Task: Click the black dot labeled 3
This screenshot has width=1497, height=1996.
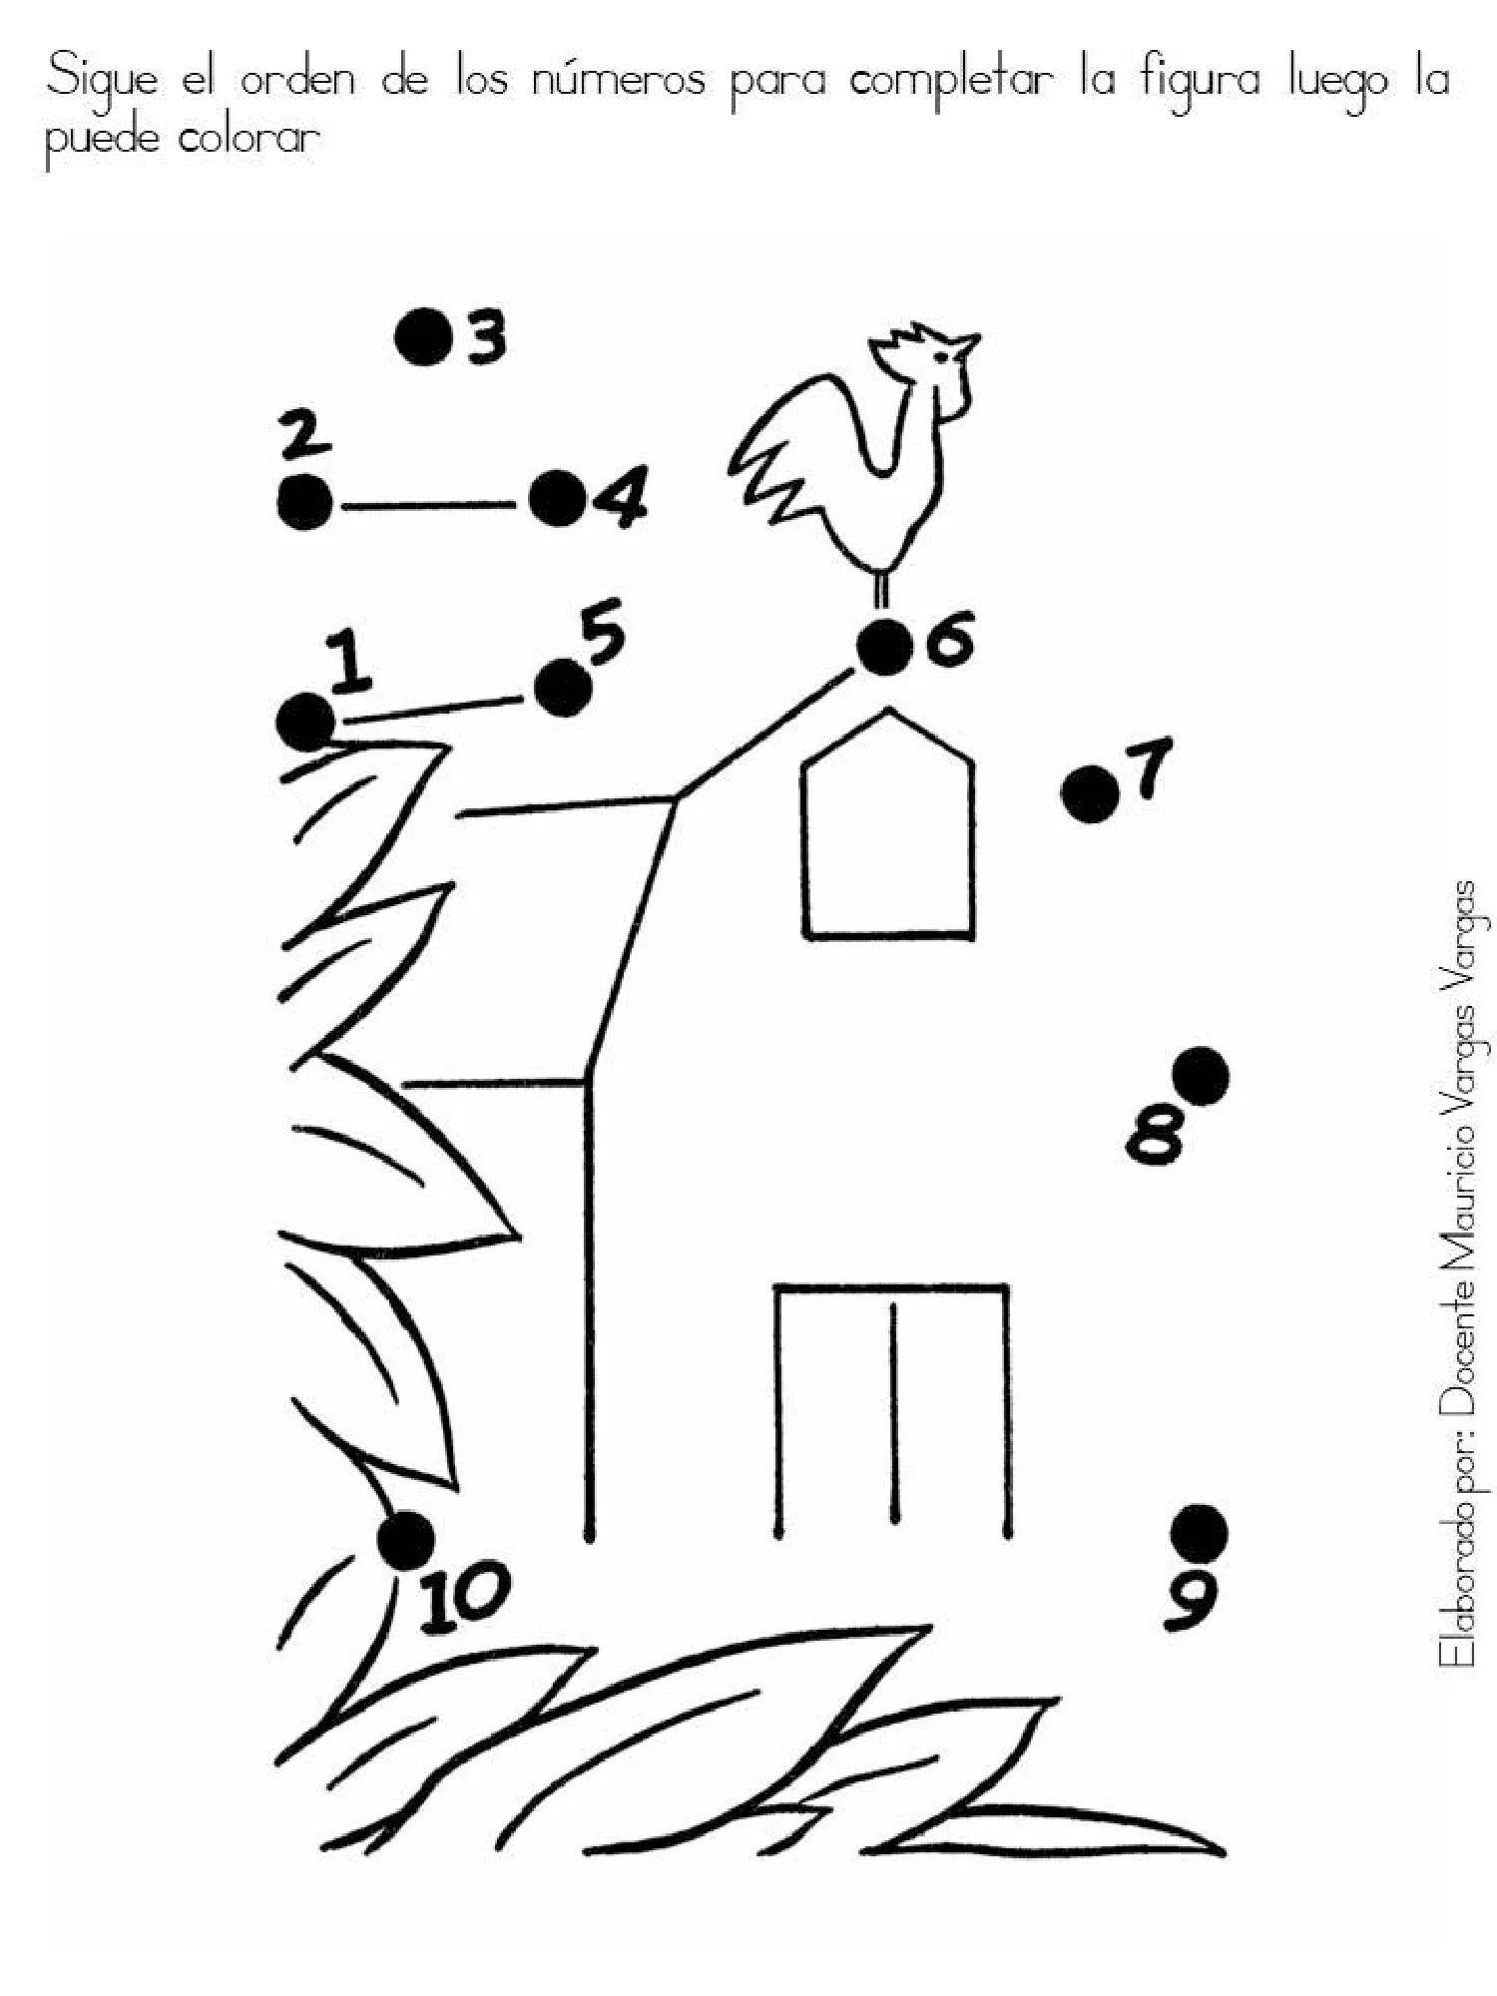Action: click(x=423, y=337)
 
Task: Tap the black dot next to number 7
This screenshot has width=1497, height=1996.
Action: click(x=1090, y=794)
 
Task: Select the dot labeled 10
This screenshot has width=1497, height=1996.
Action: click(x=406, y=1540)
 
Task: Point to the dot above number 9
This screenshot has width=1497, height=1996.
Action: click(x=1199, y=1535)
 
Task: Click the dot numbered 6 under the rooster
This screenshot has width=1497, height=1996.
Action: click(x=885, y=647)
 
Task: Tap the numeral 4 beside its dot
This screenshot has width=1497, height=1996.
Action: click(x=619, y=497)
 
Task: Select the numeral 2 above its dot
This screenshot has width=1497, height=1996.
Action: click(x=305, y=438)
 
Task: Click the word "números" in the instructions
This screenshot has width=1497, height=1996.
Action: click(x=619, y=80)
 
